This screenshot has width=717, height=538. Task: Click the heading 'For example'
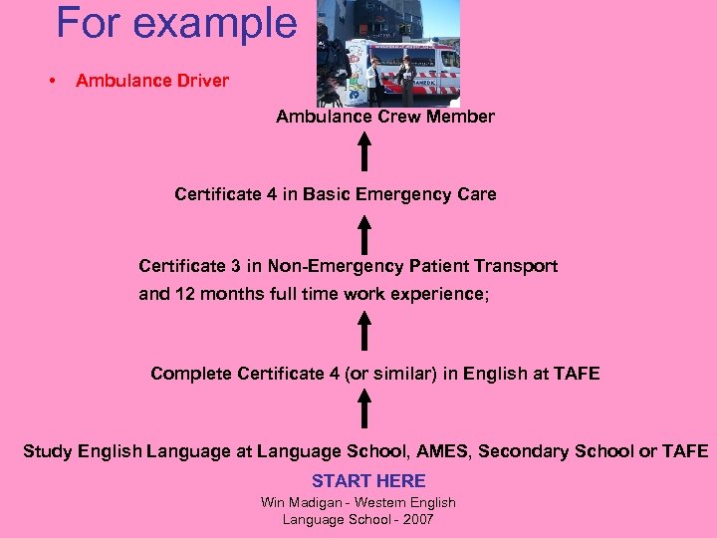[176, 23]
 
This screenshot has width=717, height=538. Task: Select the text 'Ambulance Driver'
[151, 81]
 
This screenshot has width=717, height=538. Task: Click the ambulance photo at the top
[388, 52]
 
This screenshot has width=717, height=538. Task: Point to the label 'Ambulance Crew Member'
[385, 117]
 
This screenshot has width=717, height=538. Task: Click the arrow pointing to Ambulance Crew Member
[365, 151]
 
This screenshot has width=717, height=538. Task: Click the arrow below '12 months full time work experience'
[365, 331]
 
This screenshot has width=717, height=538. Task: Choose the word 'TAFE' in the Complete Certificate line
[577, 374]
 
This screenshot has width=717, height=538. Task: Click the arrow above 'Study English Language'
[365, 409]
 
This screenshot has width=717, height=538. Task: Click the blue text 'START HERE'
[368, 480]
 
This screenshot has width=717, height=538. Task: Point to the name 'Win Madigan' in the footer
[299, 502]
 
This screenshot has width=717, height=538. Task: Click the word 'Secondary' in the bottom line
[524, 451]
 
